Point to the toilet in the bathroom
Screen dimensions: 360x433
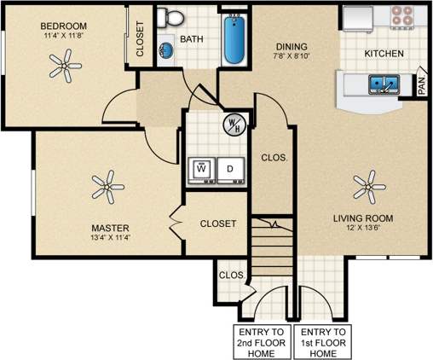172,17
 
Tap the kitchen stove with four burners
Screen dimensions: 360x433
401,17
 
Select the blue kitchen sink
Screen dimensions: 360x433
383,84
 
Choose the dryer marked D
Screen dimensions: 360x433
230,169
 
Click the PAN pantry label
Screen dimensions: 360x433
421,85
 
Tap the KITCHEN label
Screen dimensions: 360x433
384,54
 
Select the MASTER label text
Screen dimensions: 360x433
110,229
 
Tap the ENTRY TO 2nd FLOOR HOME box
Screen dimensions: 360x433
260,340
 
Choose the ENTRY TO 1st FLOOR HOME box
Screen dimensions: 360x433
323,340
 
